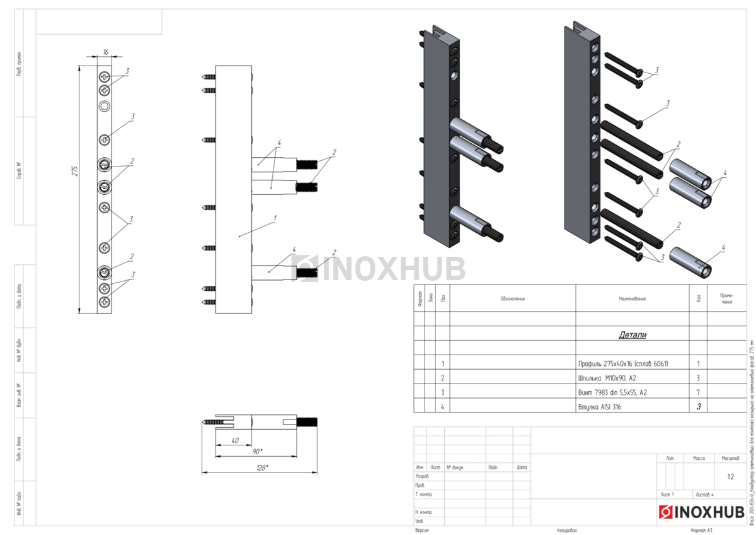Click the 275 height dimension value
[74, 171]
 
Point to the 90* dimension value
[257, 452]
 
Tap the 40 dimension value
[234, 440]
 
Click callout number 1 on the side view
[275, 218]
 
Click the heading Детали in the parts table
[632, 335]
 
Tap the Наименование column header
[632, 298]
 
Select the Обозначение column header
[512, 298]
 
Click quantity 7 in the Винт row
[698, 392]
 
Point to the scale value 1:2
[730, 477]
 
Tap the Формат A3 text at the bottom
[701, 531]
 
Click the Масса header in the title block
[699, 458]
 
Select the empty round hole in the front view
[105, 105]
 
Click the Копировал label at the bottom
[566, 531]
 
